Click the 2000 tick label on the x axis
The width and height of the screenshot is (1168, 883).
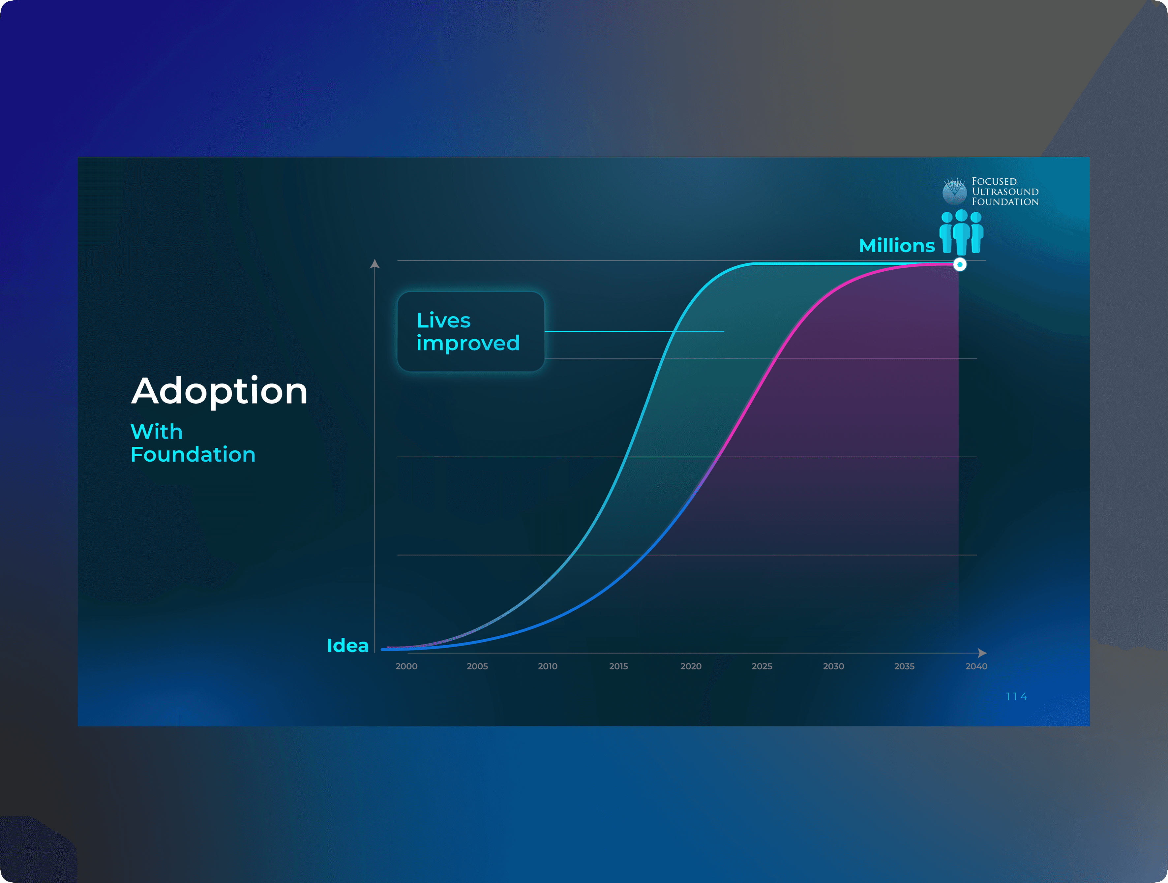pos(406,666)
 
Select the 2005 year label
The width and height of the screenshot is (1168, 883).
pos(477,666)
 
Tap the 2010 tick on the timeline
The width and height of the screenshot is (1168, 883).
pos(548,666)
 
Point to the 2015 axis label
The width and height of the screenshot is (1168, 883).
pos(618,666)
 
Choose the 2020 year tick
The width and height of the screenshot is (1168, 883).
pos(691,666)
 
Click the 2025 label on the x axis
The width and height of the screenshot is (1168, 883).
pos(762,666)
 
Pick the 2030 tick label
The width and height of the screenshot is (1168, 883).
pos(833,666)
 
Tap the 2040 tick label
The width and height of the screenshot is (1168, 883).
pos(976,666)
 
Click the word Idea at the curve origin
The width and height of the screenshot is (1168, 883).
pos(347,645)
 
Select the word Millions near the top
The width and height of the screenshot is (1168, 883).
pos(897,246)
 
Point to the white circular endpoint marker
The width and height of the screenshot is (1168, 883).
pos(959,264)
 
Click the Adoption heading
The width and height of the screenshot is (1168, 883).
pos(219,391)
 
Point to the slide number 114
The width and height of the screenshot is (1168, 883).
pos(1016,697)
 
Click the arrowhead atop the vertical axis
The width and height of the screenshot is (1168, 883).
pos(375,263)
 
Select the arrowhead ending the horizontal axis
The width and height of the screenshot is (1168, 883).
pos(982,653)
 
